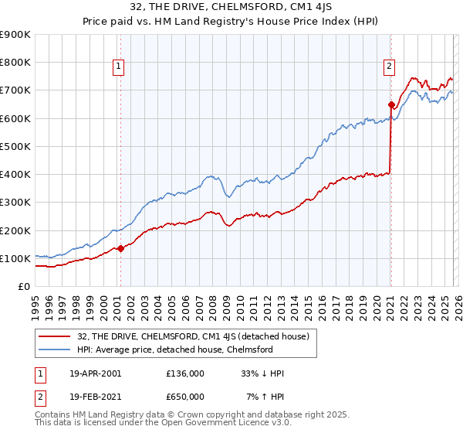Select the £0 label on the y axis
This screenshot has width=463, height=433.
point(24,287)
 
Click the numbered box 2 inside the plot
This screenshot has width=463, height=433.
point(390,67)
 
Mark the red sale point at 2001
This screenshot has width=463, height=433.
point(120,248)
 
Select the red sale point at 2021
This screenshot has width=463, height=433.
point(391,104)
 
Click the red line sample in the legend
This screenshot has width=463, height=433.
point(56,336)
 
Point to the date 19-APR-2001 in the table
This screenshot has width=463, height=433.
point(94,373)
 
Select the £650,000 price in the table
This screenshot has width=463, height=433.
point(184,397)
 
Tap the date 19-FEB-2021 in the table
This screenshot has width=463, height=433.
point(94,397)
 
